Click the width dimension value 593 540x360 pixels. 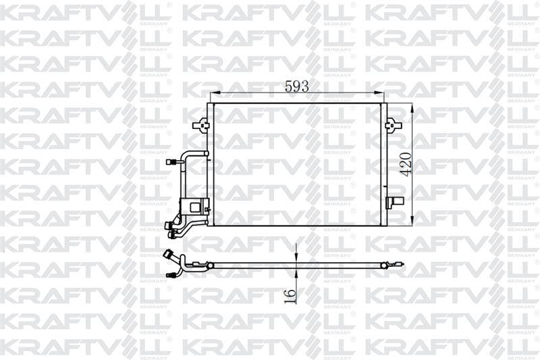296,86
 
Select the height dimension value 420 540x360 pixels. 406,163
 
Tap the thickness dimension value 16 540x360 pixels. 290,295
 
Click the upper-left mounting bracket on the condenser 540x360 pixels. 200,125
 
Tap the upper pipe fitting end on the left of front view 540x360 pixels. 172,162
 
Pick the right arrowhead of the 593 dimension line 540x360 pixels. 382,94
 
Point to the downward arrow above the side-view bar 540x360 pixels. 296,257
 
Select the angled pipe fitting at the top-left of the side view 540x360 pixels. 169,255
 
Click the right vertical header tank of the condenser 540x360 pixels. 383,164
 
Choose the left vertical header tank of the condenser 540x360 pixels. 211,164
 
